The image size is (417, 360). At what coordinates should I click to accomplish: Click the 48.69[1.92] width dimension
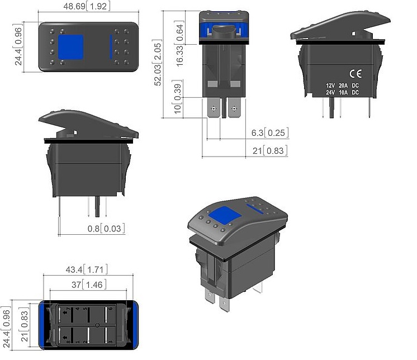[87, 6]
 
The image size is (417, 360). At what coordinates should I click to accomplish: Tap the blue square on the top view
[71, 47]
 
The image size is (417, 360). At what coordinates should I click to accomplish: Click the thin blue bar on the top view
[111, 47]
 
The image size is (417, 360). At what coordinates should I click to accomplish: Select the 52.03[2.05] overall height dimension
[158, 63]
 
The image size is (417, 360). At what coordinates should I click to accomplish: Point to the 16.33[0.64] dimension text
[179, 44]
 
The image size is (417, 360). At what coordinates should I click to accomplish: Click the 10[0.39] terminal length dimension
[177, 97]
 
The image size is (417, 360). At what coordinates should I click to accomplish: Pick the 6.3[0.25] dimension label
[270, 132]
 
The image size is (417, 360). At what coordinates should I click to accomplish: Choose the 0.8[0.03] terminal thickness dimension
[106, 229]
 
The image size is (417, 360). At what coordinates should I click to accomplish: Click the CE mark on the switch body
[356, 74]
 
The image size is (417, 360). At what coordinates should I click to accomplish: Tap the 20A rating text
[343, 86]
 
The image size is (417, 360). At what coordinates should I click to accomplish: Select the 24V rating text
[330, 93]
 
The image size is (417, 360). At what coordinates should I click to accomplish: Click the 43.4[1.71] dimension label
[87, 269]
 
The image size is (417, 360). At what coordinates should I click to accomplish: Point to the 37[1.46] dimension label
[89, 285]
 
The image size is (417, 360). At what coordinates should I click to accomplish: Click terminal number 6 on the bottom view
[110, 309]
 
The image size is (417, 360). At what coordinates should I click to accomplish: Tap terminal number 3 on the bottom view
[110, 342]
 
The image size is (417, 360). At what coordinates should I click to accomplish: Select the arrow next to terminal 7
[65, 312]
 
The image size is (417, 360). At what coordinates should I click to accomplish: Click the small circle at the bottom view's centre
[97, 325]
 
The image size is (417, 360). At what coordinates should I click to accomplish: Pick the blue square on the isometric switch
[225, 215]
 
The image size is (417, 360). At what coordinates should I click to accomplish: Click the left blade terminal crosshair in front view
[214, 108]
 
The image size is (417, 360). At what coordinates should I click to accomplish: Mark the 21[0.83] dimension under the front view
[270, 151]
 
